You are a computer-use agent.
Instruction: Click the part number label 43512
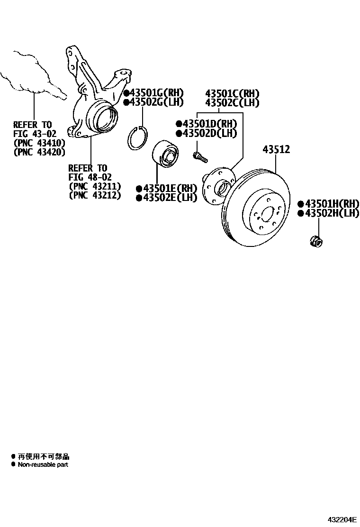[276, 150]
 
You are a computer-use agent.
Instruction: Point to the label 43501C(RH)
[232, 93]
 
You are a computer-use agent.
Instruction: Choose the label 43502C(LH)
[232, 102]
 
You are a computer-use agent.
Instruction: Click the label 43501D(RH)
[209, 124]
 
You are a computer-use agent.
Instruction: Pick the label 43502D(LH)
[209, 133]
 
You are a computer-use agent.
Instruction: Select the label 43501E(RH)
[169, 189]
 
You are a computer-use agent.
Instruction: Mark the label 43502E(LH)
[169, 198]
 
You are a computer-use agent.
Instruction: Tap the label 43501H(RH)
[331, 204]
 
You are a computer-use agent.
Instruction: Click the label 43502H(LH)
[331, 213]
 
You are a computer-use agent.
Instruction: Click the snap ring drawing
[139, 138]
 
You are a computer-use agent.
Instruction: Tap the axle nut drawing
[315, 241]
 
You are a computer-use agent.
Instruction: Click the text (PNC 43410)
[39, 143]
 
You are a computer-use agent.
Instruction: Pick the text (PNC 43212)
[95, 195]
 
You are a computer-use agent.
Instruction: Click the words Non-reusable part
[43, 465]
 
